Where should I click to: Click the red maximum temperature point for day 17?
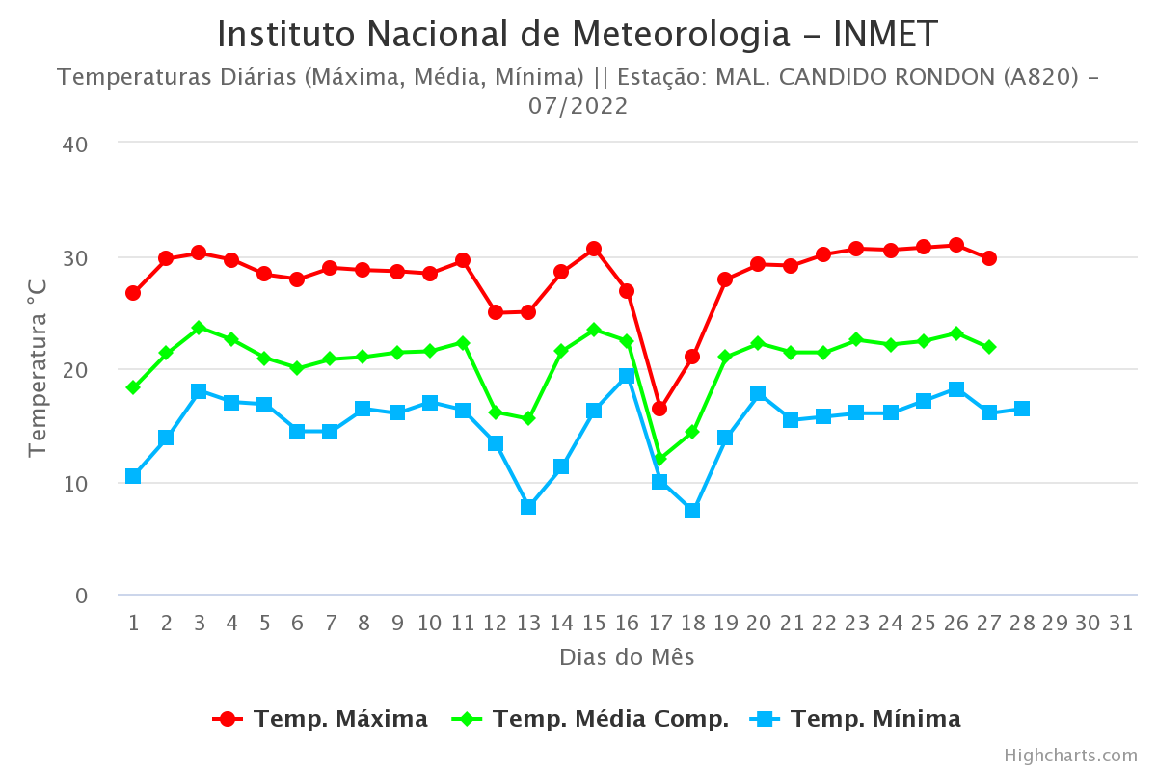click(x=659, y=409)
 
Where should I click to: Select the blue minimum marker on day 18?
click(x=692, y=511)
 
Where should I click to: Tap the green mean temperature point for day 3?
click(x=199, y=328)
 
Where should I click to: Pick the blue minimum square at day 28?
click(x=1022, y=409)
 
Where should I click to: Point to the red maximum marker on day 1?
click(x=133, y=293)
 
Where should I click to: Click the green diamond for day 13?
click(x=528, y=419)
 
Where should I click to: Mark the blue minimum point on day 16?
click(x=627, y=376)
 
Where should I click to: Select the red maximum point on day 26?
click(x=956, y=245)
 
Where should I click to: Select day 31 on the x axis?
click(x=1120, y=623)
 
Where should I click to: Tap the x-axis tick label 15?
click(x=594, y=623)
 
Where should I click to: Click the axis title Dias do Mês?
click(x=627, y=657)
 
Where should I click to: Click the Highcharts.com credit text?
click(x=1070, y=755)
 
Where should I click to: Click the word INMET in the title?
click(x=885, y=35)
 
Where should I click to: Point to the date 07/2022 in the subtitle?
click(x=578, y=106)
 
